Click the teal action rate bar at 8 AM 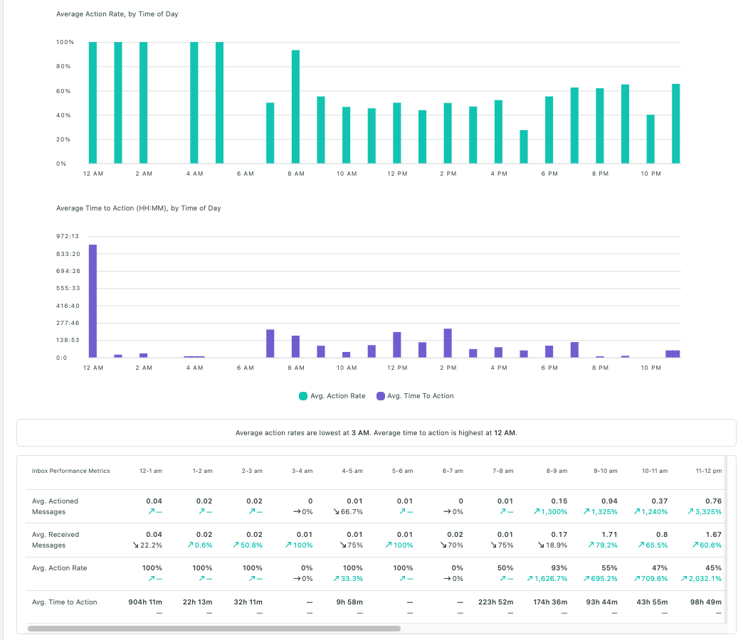[295, 107]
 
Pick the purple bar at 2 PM [448, 343]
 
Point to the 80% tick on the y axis [65, 67]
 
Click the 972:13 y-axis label [68, 237]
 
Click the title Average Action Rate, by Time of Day [117, 14]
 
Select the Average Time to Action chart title [139, 208]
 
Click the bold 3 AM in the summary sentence [360, 433]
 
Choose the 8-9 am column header [557, 471]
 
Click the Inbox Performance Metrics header [71, 471]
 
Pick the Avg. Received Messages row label [56, 540]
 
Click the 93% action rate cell [559, 568]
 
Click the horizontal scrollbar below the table [214, 629]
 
